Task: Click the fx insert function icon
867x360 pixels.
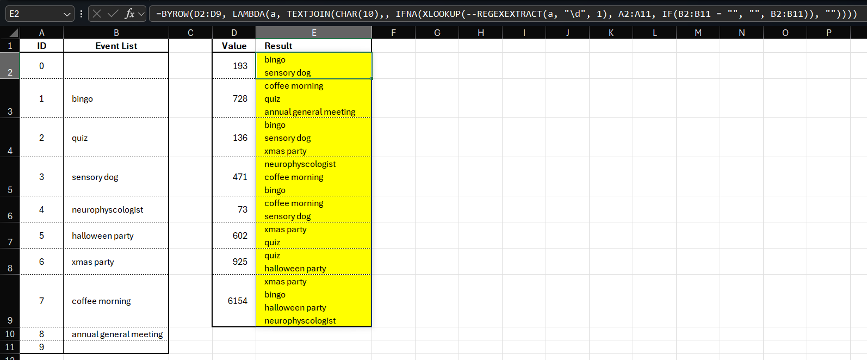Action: pos(129,14)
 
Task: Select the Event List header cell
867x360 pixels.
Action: pos(116,46)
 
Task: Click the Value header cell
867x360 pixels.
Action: pos(234,46)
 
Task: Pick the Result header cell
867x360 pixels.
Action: pos(313,46)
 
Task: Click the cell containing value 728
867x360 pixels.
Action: pos(234,98)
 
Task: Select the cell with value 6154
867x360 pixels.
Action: pos(234,301)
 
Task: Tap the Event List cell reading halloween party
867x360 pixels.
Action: pos(116,235)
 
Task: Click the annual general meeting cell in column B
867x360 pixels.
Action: pos(116,334)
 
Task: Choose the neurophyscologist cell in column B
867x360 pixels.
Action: pos(116,209)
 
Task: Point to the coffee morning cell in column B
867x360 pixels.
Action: pos(116,301)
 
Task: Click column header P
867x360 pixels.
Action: pos(828,33)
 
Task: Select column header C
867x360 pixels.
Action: pos(190,33)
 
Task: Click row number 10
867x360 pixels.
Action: pos(10,334)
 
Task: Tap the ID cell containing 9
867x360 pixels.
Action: pos(41,347)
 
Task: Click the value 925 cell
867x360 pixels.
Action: pos(234,262)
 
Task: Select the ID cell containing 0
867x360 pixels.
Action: pos(41,66)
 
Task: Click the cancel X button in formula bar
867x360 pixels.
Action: pos(97,14)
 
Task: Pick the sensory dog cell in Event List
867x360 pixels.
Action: pos(116,177)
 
